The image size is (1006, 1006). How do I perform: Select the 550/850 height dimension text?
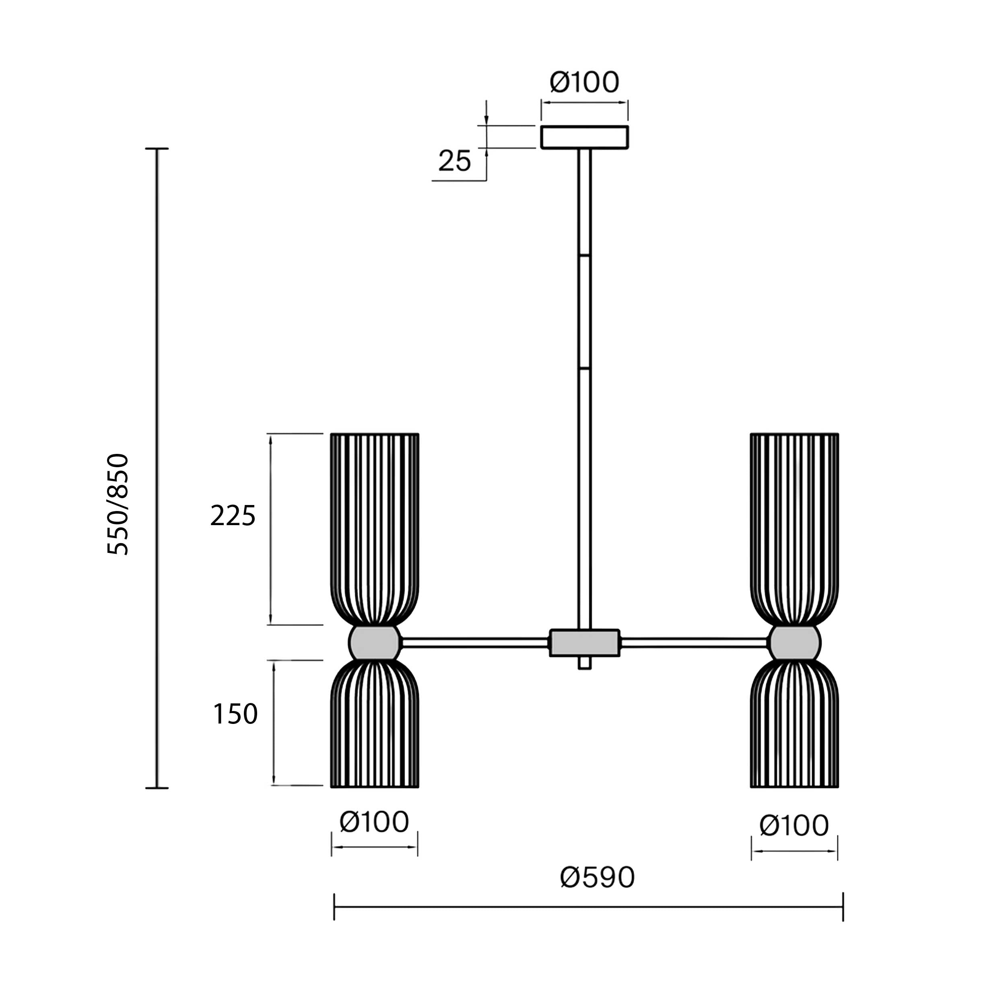click(x=118, y=504)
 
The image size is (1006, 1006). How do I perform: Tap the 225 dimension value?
click(x=233, y=516)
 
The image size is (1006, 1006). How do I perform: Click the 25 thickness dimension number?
click(x=455, y=161)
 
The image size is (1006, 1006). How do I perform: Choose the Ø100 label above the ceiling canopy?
click(x=584, y=82)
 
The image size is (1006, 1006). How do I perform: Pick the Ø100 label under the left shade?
click(x=374, y=822)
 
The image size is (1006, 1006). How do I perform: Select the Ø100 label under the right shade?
click(x=794, y=825)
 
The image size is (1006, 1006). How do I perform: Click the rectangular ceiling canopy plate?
click(x=584, y=137)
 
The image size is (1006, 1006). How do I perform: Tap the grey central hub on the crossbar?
click(x=585, y=643)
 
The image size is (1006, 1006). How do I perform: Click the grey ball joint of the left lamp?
click(x=374, y=643)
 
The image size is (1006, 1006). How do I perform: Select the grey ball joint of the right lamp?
click(x=795, y=643)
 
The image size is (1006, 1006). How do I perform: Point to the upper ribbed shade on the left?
click(x=374, y=529)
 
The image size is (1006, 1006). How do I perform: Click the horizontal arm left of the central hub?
click(x=475, y=643)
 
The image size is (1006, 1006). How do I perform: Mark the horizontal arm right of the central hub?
click(x=695, y=643)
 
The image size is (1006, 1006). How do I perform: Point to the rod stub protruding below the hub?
click(x=585, y=663)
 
